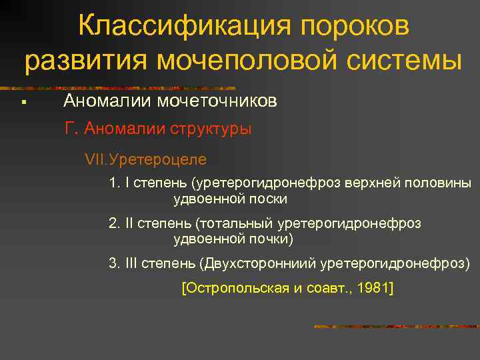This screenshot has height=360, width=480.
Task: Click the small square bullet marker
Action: [23, 102]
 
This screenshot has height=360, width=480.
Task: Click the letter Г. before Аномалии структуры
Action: [71, 128]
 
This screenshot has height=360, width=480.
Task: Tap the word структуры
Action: [211, 129]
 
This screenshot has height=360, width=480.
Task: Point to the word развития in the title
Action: [85, 62]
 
